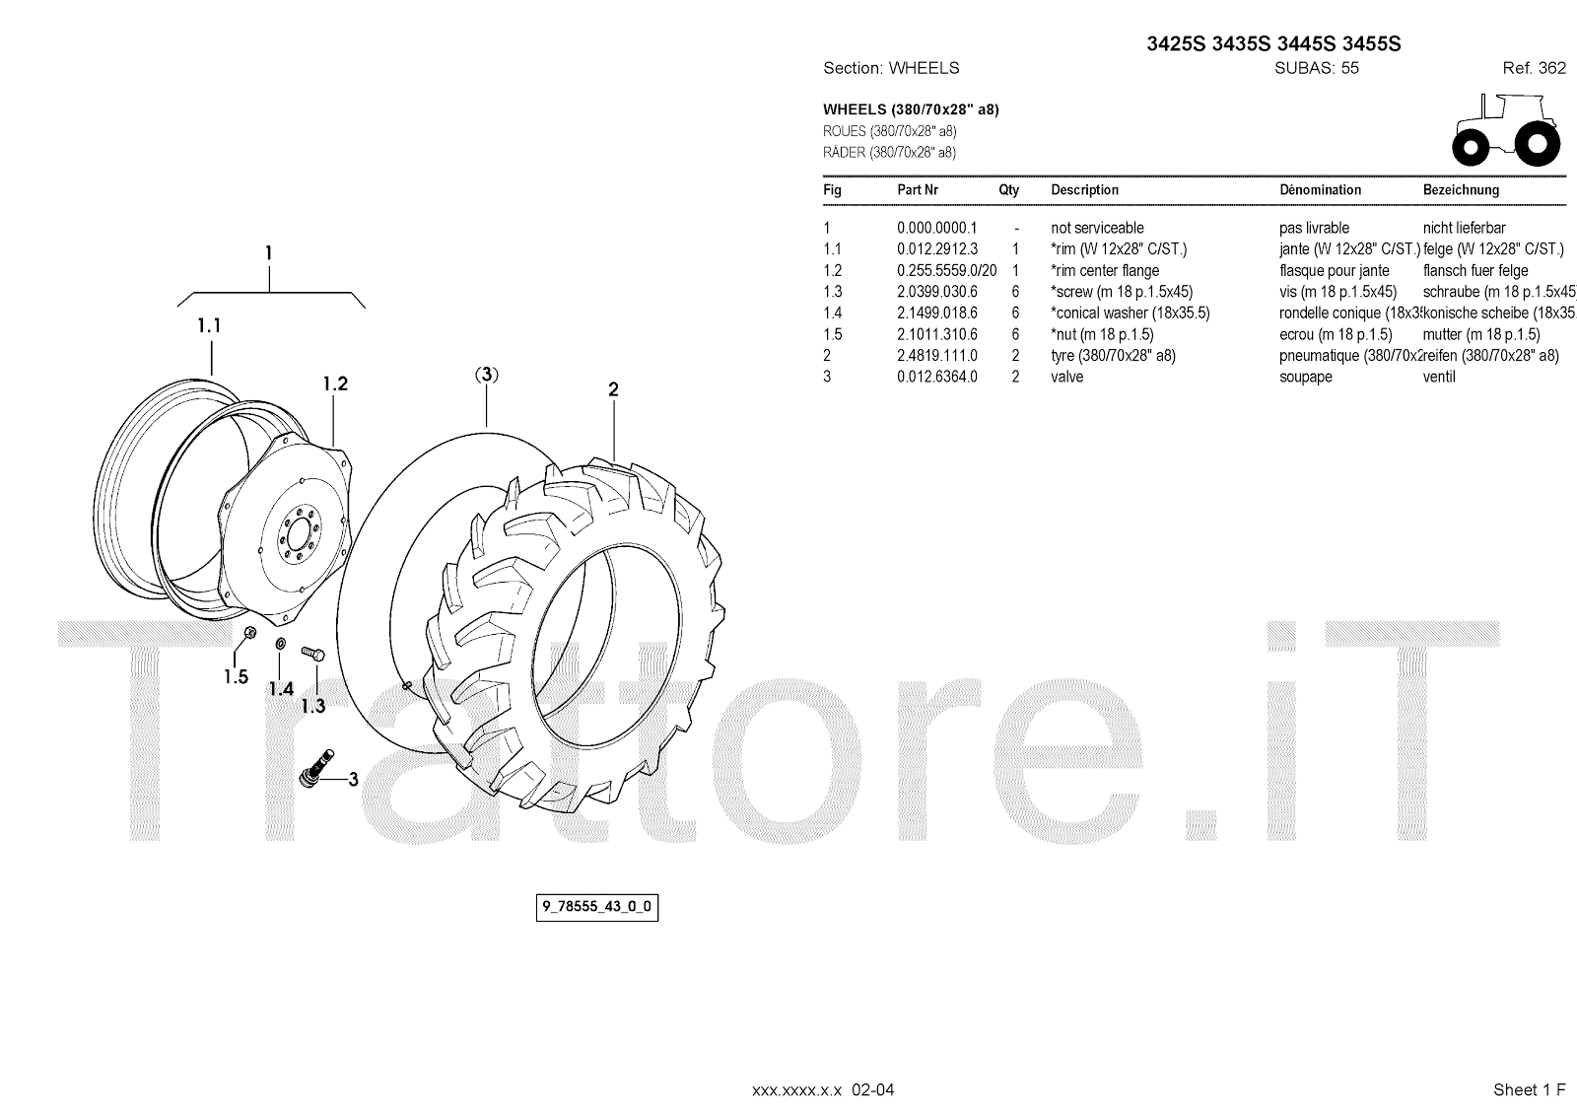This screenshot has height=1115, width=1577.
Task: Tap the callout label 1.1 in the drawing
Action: pos(209,325)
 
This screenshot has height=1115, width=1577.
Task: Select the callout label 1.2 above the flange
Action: pos(335,383)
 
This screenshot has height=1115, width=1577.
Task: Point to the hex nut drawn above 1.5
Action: pos(249,632)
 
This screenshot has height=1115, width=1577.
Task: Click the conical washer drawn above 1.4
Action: pos(279,644)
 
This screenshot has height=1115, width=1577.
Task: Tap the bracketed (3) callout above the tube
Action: pos(487,375)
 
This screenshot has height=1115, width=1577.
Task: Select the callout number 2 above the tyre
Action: pos(613,390)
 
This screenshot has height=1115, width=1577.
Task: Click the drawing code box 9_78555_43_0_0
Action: pos(597,907)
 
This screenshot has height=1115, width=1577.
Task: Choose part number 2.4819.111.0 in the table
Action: pos(936,356)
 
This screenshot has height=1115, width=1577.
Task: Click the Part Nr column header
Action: pos(918,190)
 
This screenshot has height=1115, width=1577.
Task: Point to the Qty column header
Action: pos(1009,190)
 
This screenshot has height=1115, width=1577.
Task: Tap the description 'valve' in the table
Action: pos(1066,377)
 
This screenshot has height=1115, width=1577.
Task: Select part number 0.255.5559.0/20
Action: pos(946,271)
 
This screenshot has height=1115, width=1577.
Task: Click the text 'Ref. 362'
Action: pos(1534,68)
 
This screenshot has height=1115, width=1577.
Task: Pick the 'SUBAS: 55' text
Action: pos(1317,68)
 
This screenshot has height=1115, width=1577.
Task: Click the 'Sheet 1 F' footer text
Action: pos(1529,1089)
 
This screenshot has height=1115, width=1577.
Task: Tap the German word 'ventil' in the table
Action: pos(1439,377)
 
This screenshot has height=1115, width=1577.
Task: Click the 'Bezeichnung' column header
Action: pos(1461,190)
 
